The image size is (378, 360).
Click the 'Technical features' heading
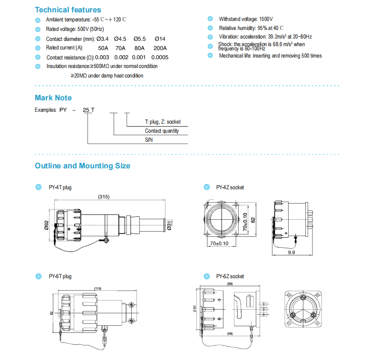coord(68,10)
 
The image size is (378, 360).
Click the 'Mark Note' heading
coord(53,97)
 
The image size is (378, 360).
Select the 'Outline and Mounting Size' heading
coord(82,166)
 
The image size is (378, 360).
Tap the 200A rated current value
coord(160,48)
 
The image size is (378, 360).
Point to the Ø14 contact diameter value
coord(160,39)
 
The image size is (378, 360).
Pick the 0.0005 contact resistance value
coord(161,57)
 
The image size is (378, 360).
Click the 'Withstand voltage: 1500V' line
coord(246,19)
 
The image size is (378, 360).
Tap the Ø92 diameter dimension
coord(47,225)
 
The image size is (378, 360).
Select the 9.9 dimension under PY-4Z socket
coord(291,253)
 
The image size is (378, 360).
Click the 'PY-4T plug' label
coord(60,187)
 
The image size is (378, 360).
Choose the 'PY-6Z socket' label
coord(230,276)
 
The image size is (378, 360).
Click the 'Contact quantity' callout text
coord(162,131)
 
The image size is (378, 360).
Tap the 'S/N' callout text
coord(149,140)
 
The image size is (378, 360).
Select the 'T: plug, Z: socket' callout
coord(163,122)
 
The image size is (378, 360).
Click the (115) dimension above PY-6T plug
coord(97,289)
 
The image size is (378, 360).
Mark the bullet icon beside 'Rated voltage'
coord(38,29)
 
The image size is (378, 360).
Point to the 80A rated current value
coord(139,48)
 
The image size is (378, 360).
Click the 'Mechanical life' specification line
coord(270,56)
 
